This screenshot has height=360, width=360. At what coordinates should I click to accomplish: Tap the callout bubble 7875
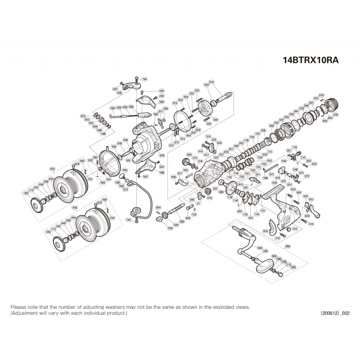(295, 229)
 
